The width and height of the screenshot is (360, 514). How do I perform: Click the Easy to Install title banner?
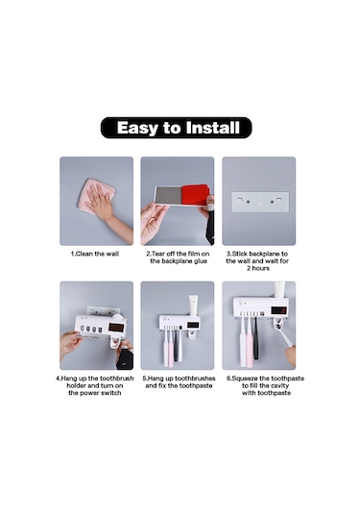coord(177,128)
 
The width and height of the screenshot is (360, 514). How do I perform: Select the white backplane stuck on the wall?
coord(260,202)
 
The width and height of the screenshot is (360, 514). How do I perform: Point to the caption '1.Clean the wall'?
coord(95,254)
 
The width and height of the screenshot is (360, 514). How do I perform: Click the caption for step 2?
coord(178,257)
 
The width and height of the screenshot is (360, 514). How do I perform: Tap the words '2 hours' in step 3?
coord(258,268)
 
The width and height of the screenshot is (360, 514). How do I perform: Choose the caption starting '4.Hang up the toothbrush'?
coord(95,385)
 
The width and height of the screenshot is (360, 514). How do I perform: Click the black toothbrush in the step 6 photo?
coord(255,337)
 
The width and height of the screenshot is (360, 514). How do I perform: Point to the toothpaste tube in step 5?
coord(194,306)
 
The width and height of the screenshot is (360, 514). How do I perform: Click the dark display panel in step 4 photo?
coord(116,328)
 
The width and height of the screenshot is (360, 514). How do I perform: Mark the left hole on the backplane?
coord(249,202)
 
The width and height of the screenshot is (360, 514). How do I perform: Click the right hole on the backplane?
coord(273,202)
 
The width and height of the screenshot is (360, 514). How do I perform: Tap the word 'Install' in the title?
coord(212,128)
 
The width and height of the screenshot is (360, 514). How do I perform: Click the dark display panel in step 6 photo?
coord(279,310)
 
